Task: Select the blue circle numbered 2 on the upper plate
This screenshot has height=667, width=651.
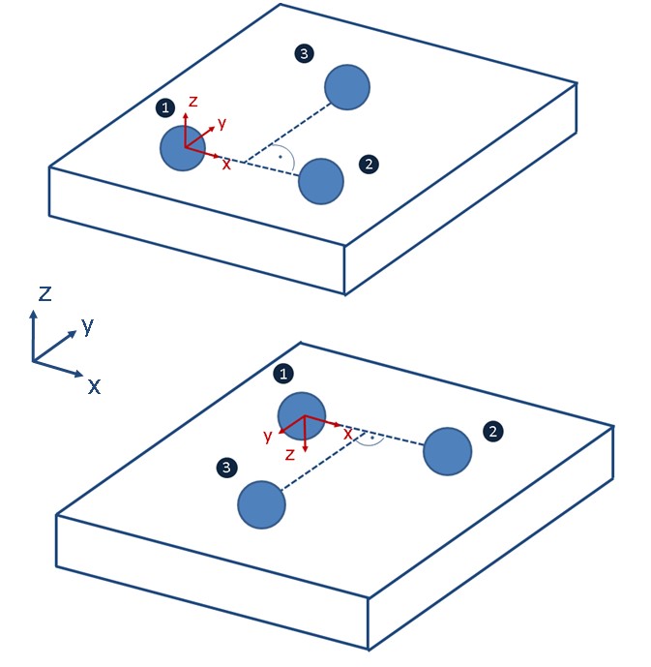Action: coord(321,181)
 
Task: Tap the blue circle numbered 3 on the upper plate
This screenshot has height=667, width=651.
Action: coord(346,87)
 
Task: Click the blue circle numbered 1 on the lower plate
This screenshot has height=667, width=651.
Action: coord(301,415)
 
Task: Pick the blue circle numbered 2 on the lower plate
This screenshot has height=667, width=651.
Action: coord(447,450)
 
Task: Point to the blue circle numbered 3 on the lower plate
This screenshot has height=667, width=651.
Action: coord(262,504)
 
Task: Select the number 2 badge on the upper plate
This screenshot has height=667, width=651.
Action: coord(368,165)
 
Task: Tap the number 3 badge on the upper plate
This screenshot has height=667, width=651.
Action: coord(305,54)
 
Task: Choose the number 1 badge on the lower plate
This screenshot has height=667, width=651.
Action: coord(283,372)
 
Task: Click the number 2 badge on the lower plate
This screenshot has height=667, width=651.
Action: coord(493,430)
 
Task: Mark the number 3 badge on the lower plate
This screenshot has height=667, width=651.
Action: coord(225,469)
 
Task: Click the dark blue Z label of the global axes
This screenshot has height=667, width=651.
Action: coord(44,293)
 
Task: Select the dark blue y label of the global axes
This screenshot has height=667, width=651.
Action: coord(87,325)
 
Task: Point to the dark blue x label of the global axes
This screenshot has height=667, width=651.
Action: coord(94,386)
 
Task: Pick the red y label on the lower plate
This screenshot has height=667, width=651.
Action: coord(268,436)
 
